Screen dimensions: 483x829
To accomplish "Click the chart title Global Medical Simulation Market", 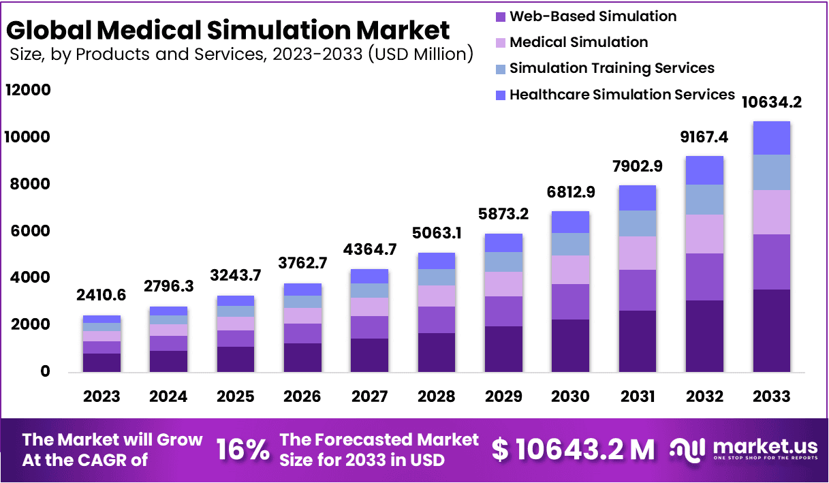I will [x=228, y=30].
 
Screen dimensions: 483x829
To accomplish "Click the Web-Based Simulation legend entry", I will [x=593, y=16].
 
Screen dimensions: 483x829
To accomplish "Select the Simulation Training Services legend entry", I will [x=612, y=68].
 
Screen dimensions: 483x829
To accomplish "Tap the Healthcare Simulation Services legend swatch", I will [x=501, y=95].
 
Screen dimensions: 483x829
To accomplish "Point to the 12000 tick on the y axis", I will [x=28, y=90].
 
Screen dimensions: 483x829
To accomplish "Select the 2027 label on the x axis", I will [x=369, y=396].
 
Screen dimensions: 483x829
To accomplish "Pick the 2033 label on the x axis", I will [x=772, y=396].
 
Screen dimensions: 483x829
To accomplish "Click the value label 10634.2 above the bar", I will [x=772, y=103].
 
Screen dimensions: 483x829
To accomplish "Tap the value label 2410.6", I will [x=101, y=296].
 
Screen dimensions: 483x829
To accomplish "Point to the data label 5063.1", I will [x=436, y=234].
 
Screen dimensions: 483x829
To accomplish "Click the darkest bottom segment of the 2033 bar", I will [x=772, y=330].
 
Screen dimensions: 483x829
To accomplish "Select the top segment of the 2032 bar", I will [x=704, y=170].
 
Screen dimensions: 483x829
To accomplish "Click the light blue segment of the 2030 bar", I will [x=570, y=244].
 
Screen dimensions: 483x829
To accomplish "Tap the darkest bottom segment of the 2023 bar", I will [x=101, y=362].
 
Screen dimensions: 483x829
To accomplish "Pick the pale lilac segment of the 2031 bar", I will [x=638, y=253].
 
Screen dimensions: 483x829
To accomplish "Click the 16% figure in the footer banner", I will [x=243, y=450].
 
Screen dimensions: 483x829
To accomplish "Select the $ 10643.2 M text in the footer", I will [x=573, y=450].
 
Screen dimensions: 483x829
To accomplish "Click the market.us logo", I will [x=742, y=450].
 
